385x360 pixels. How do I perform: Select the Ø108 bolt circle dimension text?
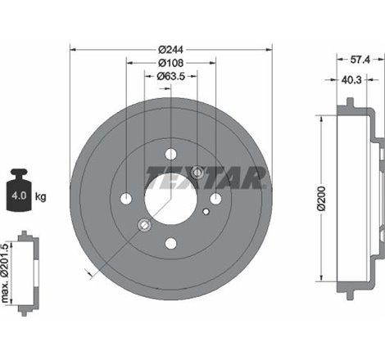170,64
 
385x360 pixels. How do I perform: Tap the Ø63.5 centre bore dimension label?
170,79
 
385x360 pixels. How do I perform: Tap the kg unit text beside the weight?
41,197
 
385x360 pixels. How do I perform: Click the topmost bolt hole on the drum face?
170,155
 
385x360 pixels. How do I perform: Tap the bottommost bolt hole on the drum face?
170,243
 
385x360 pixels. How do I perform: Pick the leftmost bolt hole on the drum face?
126,199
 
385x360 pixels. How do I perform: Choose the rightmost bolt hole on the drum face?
215,199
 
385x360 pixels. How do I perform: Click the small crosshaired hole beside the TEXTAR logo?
197,172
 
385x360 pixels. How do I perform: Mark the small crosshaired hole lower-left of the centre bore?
144,225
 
